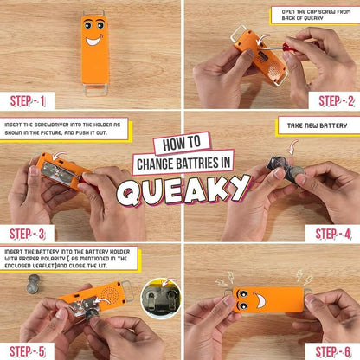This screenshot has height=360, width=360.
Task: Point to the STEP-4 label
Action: coord(333,234)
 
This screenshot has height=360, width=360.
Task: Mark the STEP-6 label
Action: coord(334,350)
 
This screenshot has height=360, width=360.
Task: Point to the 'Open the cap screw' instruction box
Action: coord(310,16)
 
